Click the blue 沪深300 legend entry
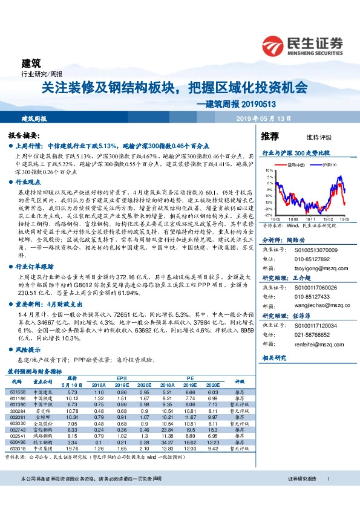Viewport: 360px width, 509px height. tap(326, 164)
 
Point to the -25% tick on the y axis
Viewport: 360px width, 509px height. tap(268, 215)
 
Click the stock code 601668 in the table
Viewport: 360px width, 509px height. tap(17, 393)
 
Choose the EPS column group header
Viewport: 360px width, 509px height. tap(122, 377)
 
